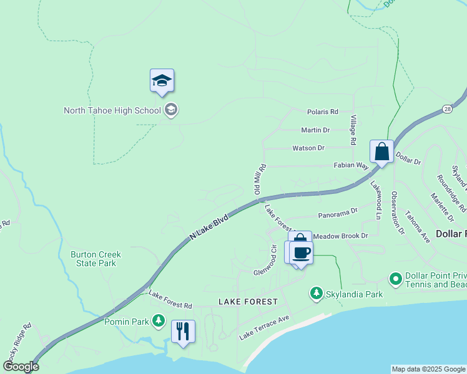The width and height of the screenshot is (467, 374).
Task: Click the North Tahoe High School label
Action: [112, 111]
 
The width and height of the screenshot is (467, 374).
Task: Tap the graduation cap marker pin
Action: [162, 81]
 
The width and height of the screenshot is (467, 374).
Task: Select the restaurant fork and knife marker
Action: [183, 331]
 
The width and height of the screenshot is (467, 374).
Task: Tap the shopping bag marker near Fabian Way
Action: [381, 151]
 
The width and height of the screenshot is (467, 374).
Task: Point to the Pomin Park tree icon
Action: [159, 320]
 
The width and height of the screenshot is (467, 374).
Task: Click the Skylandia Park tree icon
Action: [317, 293]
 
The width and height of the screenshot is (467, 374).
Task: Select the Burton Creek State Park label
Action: [96, 259]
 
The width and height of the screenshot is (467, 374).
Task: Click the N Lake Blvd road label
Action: [210, 229]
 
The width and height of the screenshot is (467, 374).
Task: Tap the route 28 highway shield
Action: [448, 109]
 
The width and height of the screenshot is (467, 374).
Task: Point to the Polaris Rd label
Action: [322, 112]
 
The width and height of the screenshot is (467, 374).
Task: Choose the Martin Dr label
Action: [315, 130]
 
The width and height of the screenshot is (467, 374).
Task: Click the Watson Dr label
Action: [308, 148]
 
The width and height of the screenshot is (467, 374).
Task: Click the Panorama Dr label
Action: [337, 214]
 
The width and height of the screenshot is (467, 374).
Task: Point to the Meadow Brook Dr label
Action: [340, 236]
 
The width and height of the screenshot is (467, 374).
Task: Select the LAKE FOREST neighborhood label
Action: [247, 302]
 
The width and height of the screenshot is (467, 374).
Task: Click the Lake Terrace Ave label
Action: [265, 328]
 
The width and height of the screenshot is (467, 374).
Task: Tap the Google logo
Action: [21, 367]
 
